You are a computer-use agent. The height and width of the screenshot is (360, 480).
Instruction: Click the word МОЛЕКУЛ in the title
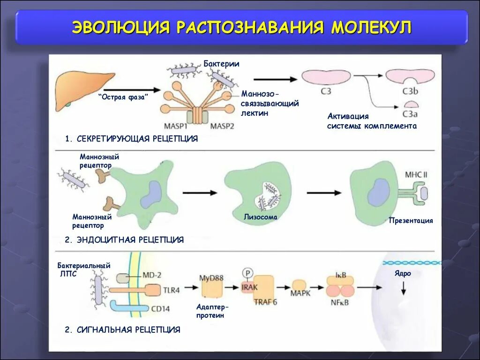click(x=371, y=27)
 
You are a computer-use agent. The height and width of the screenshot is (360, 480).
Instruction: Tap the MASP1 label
click(x=176, y=126)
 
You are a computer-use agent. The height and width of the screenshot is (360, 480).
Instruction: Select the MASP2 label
click(x=223, y=126)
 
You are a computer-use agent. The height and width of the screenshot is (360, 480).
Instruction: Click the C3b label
click(x=411, y=91)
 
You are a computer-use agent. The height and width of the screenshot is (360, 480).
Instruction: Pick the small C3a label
click(x=411, y=114)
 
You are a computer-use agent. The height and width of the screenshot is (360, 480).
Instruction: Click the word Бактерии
click(x=221, y=64)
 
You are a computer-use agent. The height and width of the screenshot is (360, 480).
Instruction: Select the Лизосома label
click(x=260, y=217)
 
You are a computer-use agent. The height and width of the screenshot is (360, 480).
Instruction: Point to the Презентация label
click(x=411, y=220)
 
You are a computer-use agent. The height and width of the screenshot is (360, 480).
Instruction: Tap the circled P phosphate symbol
click(x=247, y=272)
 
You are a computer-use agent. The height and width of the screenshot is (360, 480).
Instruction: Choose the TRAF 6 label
click(x=265, y=302)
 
